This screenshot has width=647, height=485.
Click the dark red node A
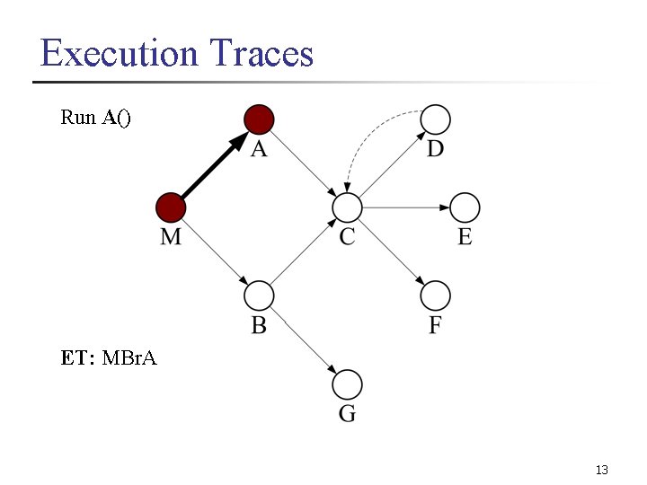tap(259, 119)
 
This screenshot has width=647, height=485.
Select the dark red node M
tap(171, 207)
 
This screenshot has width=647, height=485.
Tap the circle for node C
tap(347, 207)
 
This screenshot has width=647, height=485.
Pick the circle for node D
tap(435, 119)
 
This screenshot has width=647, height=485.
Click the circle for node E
tap(465, 207)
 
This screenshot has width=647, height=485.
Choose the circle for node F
tap(435, 295)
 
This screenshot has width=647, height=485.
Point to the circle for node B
tap(259, 295)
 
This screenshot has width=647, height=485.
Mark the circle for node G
tap(347, 384)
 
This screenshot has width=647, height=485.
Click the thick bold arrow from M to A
tap(214, 164)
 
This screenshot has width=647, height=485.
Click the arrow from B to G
tap(303, 340)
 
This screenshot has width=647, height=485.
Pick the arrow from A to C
tap(303, 163)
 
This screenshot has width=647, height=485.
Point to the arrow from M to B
tap(215, 251)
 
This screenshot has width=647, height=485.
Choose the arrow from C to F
tap(391, 251)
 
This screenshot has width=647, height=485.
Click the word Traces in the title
tap(261, 53)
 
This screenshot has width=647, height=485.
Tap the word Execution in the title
tap(119, 53)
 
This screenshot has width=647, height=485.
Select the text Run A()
tap(95, 117)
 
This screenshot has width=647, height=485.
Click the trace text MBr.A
tap(129, 358)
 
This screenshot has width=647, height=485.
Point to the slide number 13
tap(602, 470)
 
